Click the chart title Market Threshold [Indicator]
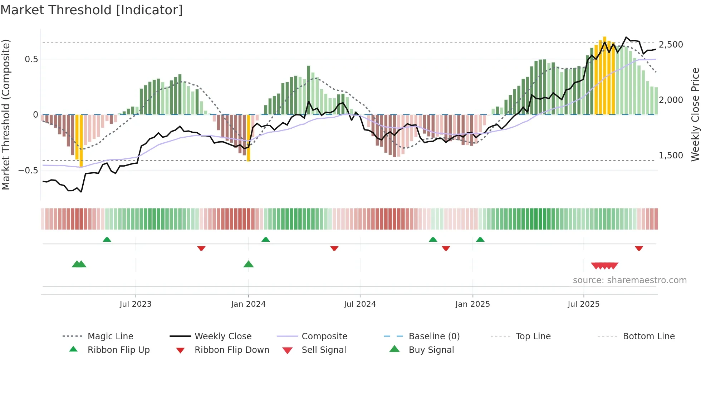pos(92,10)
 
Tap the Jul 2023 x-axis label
pos(136,304)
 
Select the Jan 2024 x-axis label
pos(248,304)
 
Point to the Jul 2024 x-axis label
pos(360,304)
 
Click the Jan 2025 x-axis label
pos(472,304)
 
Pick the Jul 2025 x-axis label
pos(583,304)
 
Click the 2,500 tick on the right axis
pos(671,45)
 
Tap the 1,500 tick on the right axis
pos(671,156)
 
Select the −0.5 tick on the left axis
pos(28,170)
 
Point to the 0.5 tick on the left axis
pos(31,59)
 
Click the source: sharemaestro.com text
pos(629,280)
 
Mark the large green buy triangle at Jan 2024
pos(248,264)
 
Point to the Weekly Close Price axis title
pos(695,114)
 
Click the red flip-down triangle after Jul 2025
pos(639,248)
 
